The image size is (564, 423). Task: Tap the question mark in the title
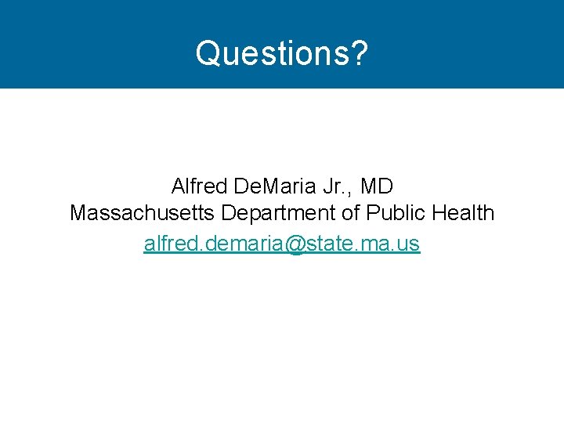pyautogui.click(x=359, y=54)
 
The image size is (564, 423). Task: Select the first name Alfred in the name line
pyautogui.click(x=195, y=187)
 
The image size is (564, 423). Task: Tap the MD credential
pyautogui.click(x=377, y=187)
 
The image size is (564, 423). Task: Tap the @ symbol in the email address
pyautogui.click(x=284, y=244)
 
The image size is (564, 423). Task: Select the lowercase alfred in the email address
pyautogui.click(x=168, y=244)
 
